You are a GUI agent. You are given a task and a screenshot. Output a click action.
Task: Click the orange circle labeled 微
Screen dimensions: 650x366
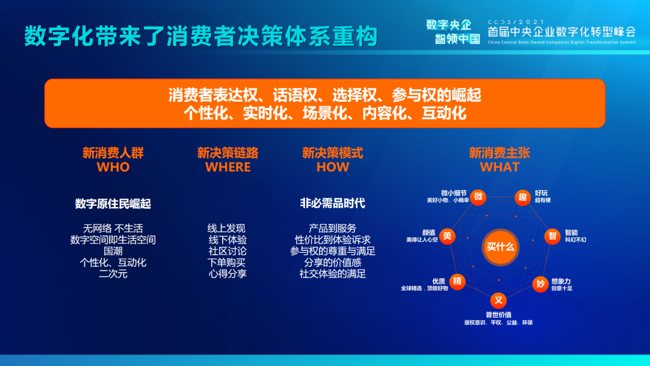click(478, 196)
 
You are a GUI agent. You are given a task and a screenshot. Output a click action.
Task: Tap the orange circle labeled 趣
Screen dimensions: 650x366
click(522, 197)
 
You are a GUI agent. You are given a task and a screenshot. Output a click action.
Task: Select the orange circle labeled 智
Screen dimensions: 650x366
click(552, 236)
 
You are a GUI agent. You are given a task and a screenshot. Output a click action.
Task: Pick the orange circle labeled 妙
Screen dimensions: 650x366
click(540, 284)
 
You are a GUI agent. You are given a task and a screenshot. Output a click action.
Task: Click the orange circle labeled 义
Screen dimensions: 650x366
click(498, 300)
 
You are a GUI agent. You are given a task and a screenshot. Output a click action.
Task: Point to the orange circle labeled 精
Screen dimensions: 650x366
click(457, 282)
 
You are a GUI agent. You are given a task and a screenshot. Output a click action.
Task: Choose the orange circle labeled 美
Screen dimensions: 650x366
click(447, 236)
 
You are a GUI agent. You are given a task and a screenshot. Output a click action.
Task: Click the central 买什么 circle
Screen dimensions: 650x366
click(500, 247)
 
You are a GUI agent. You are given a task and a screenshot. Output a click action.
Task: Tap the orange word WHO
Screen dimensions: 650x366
click(113, 167)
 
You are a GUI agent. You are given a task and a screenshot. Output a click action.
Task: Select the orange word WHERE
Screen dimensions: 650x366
click(228, 167)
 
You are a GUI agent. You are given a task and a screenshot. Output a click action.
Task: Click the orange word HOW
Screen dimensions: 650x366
click(332, 167)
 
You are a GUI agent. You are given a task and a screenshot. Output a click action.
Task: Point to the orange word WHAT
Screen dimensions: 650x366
click(500, 167)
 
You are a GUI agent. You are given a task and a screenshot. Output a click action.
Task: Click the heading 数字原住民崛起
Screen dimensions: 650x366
click(113, 203)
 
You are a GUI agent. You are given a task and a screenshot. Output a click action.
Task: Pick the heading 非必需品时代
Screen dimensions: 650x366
click(332, 203)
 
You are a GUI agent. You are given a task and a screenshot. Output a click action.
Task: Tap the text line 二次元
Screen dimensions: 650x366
click(113, 273)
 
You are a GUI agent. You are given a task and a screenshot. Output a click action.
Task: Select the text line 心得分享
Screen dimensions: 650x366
click(227, 273)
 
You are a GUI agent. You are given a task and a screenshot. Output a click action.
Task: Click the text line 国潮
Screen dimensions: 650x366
click(113, 251)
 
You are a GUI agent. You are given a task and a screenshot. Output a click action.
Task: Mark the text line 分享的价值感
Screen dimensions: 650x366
click(332, 262)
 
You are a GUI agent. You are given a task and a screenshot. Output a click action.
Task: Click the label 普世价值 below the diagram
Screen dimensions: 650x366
click(498, 315)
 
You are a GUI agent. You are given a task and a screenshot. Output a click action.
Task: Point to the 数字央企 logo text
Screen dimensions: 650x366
click(449, 25)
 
